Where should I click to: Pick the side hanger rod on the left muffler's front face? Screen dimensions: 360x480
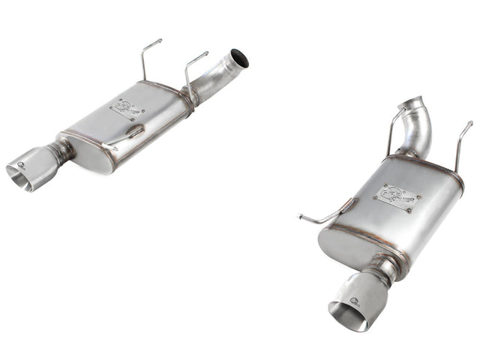pos(123,136)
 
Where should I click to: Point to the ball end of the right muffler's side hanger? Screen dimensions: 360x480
pos(300,217)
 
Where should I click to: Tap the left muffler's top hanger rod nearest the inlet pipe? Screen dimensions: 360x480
pos(192,71)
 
